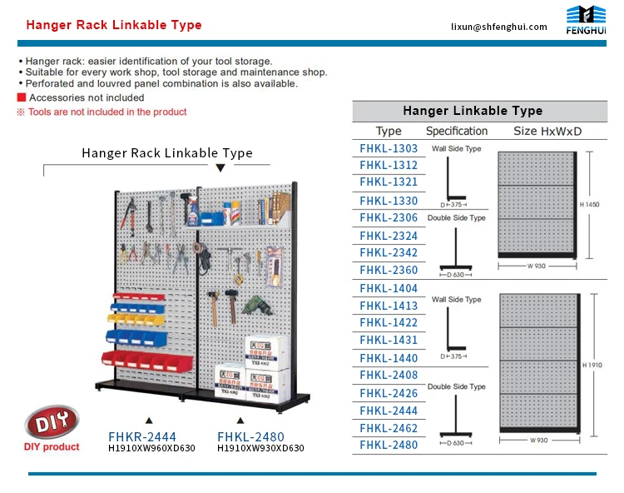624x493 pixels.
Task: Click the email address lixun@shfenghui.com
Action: tap(498, 27)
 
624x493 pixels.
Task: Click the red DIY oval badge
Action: tap(52, 424)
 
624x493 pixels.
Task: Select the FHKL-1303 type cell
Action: tap(389, 148)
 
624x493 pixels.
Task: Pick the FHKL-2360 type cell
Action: tap(389, 270)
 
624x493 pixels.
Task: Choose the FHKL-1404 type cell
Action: tap(389, 288)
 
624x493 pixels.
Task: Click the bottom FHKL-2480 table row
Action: tap(389, 445)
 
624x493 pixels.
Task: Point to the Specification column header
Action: tap(457, 131)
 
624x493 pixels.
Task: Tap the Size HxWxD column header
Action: tap(547, 131)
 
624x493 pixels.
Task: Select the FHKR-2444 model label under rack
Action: tap(142, 436)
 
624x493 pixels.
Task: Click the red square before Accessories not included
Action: tap(21, 97)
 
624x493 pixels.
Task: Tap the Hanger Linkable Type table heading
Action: tap(473, 111)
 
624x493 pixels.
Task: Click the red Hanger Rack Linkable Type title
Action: tap(114, 25)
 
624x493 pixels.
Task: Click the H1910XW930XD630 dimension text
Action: tap(260, 448)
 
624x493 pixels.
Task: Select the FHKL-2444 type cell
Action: tap(389, 411)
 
